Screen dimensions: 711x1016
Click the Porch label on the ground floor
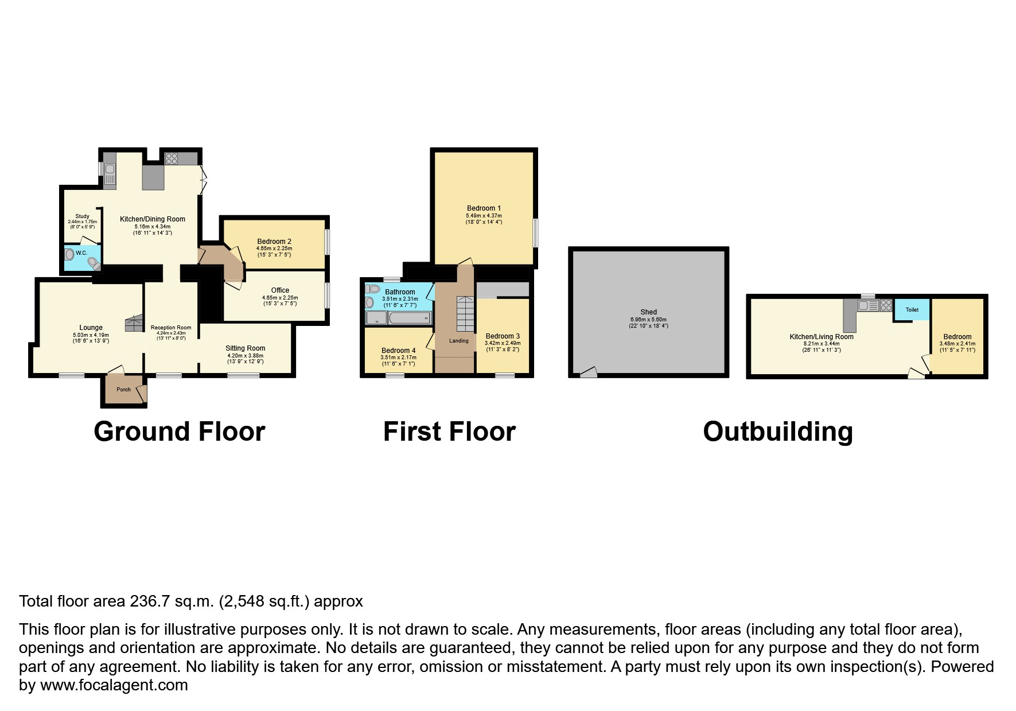click(x=123, y=390)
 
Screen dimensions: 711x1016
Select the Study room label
click(x=82, y=216)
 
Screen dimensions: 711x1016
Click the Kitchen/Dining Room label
click(x=153, y=219)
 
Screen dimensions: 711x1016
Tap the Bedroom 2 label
click(x=274, y=242)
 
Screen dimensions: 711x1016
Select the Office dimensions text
click(x=280, y=301)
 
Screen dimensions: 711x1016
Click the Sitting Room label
click(x=246, y=348)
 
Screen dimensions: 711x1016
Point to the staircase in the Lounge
click(x=134, y=324)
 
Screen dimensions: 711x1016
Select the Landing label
click(x=458, y=341)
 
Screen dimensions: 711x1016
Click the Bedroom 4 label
click(x=398, y=351)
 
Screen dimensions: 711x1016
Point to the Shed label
click(x=648, y=312)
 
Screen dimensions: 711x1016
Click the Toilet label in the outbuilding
click(x=912, y=310)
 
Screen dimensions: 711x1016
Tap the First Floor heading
click(x=449, y=432)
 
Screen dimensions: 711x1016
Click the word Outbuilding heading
click(x=777, y=432)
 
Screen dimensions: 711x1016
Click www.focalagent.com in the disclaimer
click(x=114, y=685)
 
